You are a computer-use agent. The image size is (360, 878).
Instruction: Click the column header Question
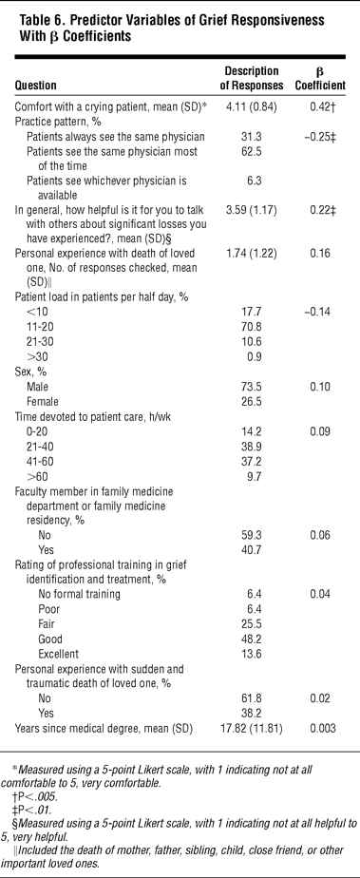pyautogui.click(x=35, y=86)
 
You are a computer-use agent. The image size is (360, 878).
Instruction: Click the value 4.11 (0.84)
pyautogui.click(x=251, y=107)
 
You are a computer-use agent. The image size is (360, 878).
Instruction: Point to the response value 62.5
pyautogui.click(x=251, y=152)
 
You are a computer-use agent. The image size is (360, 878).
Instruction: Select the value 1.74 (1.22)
pyautogui.click(x=251, y=253)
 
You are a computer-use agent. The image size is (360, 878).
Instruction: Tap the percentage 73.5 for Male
pyautogui.click(x=251, y=387)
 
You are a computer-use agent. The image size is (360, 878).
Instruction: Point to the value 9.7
pyautogui.click(x=251, y=476)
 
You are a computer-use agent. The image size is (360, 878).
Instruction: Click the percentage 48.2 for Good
pyautogui.click(x=251, y=639)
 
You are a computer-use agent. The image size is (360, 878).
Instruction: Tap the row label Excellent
pyautogui.click(x=59, y=654)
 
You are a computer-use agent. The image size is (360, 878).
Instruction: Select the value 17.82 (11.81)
pyautogui.click(x=251, y=729)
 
